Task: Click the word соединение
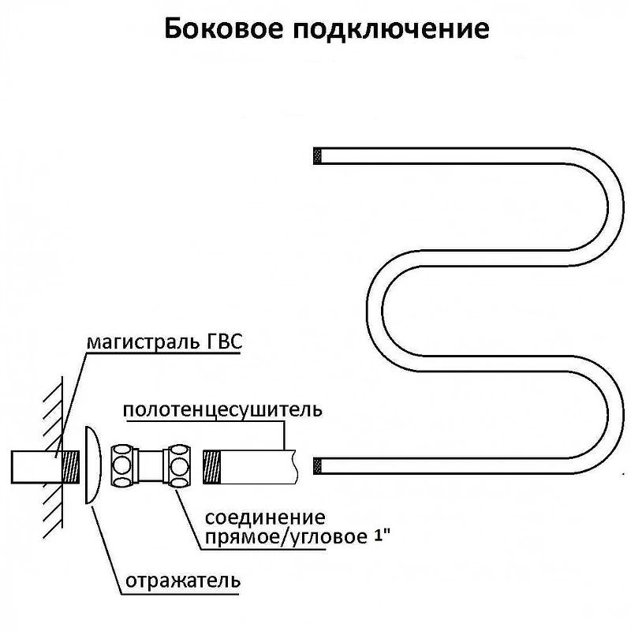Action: click(264, 518)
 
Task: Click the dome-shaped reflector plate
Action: click(93, 465)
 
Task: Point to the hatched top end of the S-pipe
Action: click(319, 155)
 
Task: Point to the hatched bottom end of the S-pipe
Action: click(319, 465)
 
